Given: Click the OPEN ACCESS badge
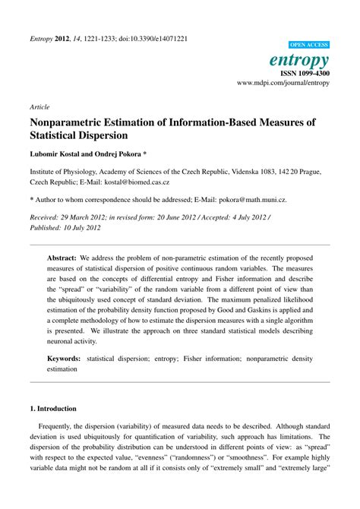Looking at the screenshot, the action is coord(308,46).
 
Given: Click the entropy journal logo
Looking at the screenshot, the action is coord(298,59).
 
